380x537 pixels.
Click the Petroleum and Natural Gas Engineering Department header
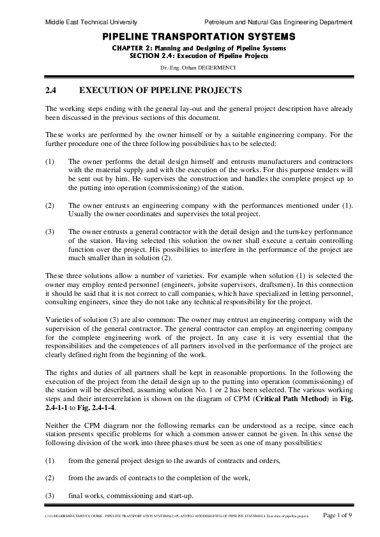283,22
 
